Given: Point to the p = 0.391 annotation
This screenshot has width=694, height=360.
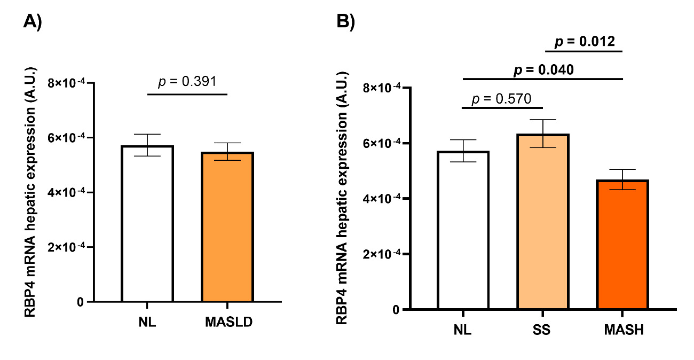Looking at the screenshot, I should coord(187,81).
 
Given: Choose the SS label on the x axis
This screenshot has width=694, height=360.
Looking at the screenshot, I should coord(542,330).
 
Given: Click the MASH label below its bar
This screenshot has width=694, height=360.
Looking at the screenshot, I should coord(623,330).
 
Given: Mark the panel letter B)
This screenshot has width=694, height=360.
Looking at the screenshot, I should coord(345,22).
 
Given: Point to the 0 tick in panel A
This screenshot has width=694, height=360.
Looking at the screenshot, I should coord(80,302).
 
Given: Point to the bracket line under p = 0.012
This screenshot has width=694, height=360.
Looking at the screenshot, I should coord(585,52).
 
